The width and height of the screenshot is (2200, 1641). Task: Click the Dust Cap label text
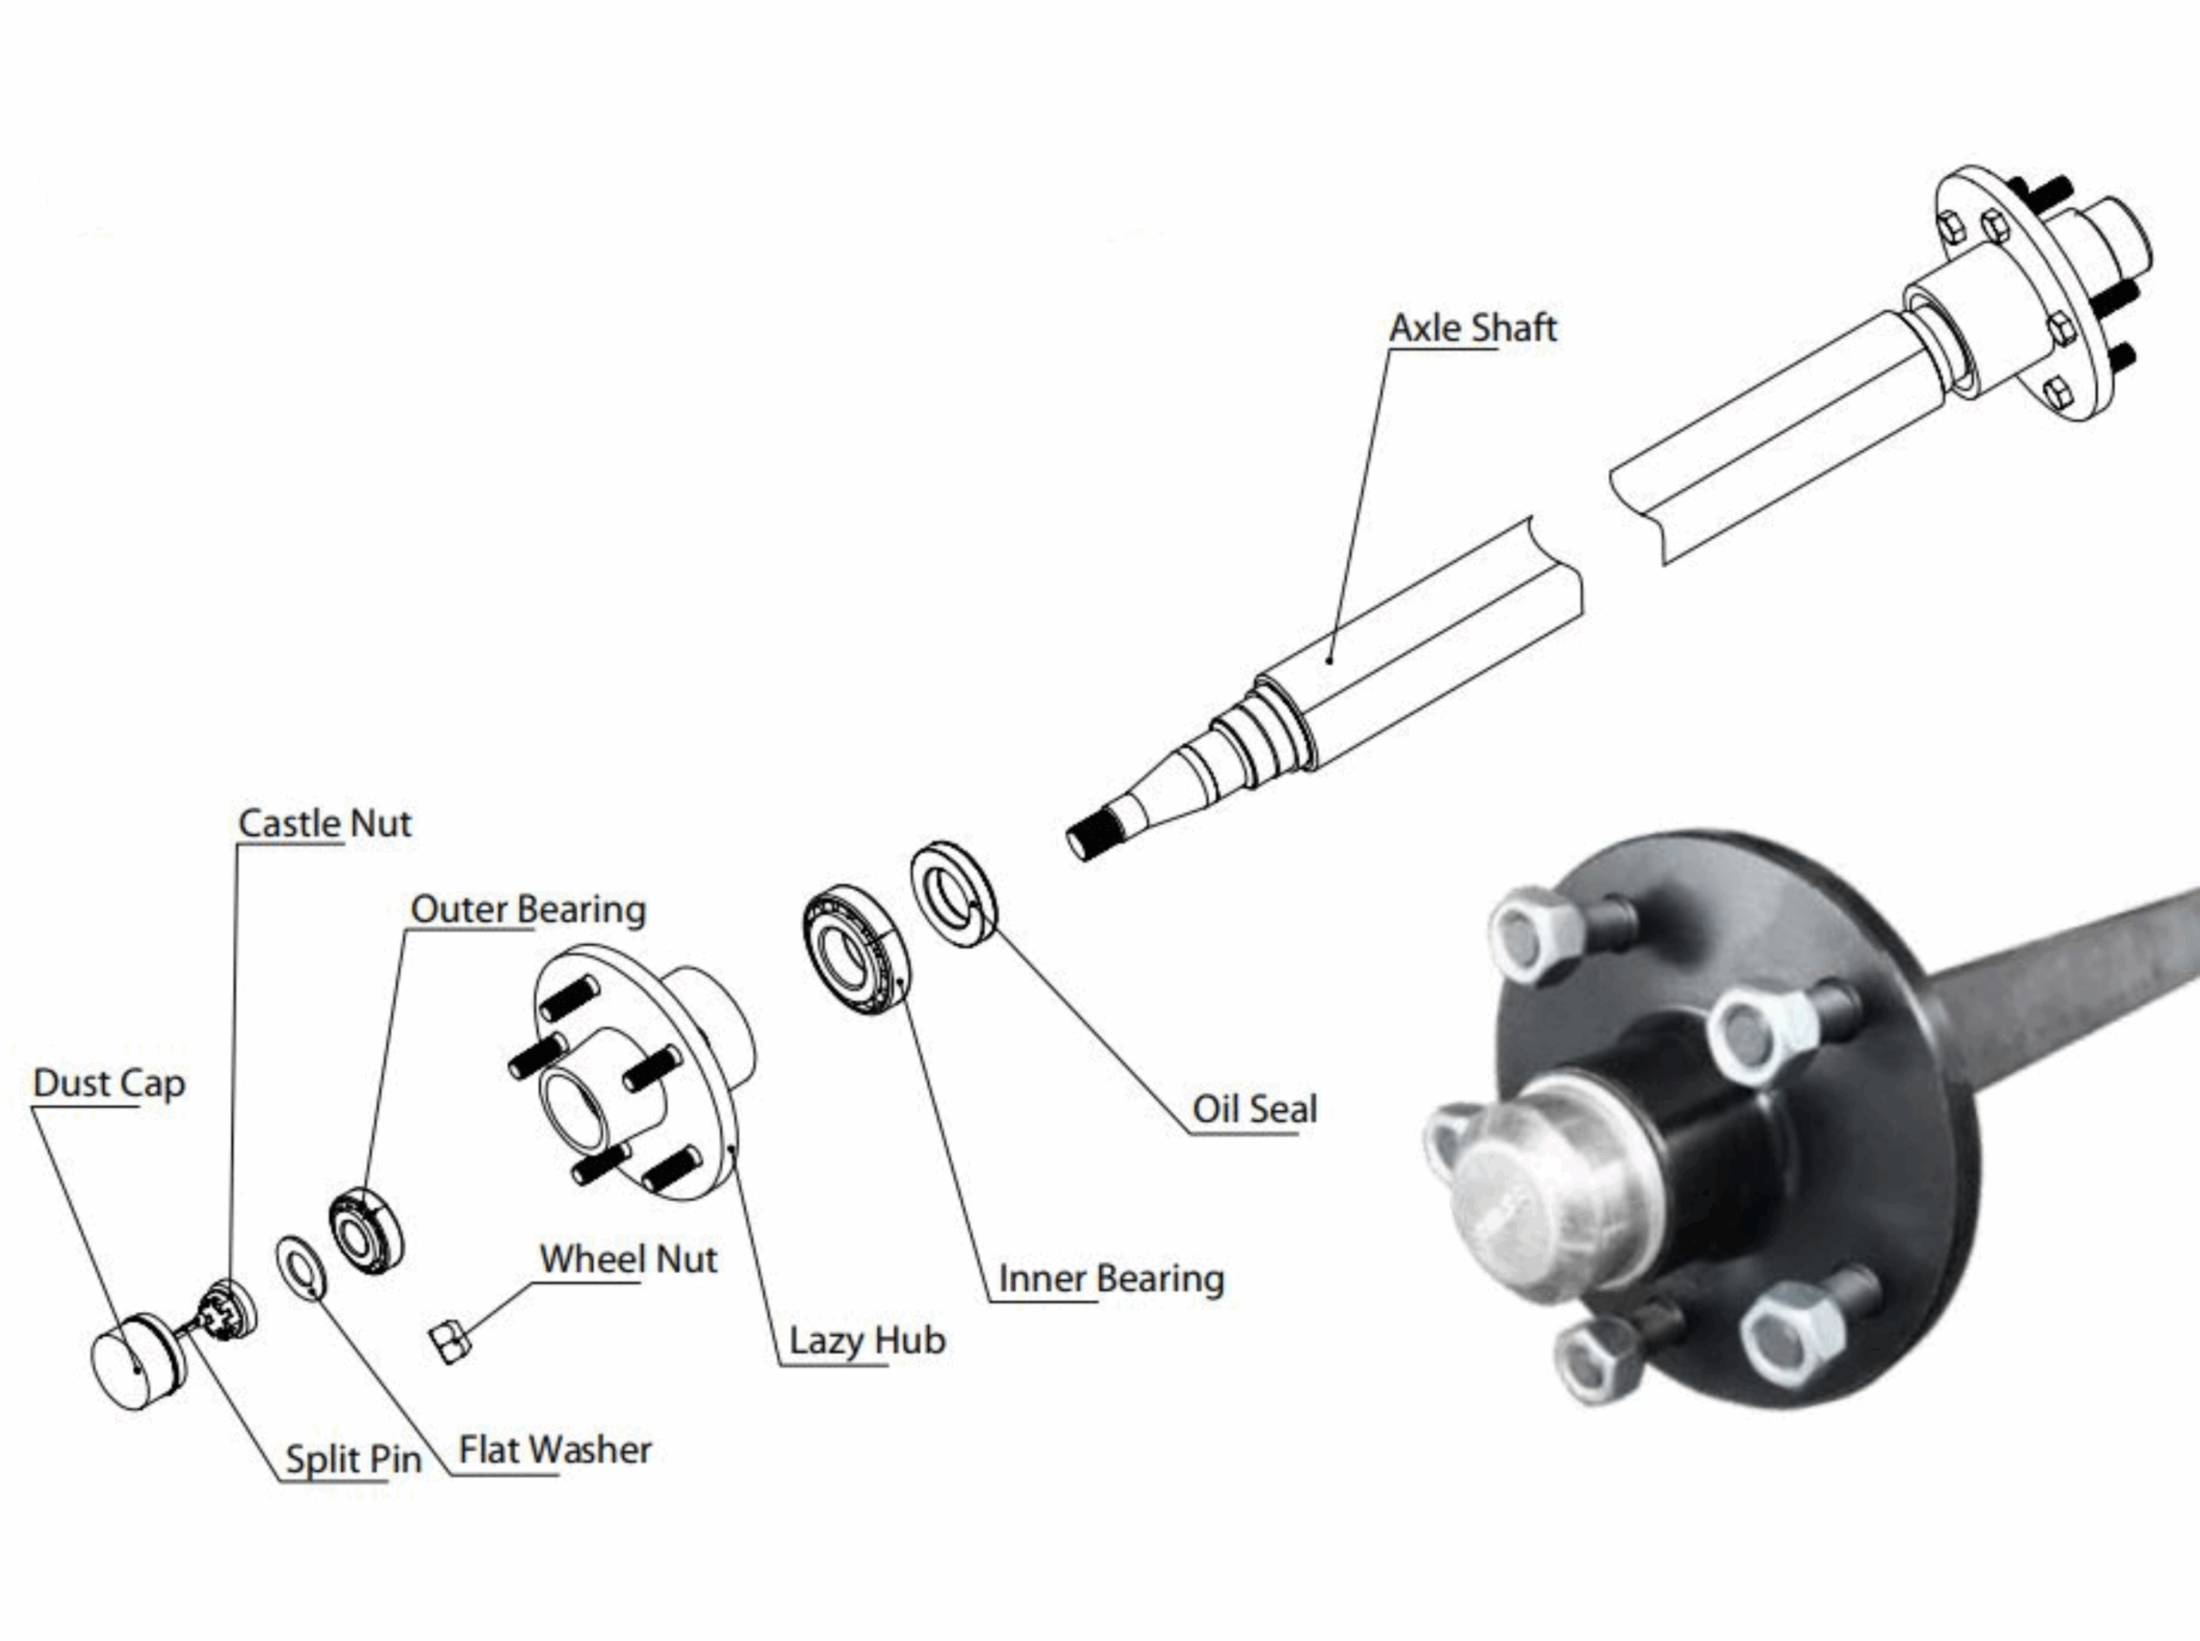(108, 1083)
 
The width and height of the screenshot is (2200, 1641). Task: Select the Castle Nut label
(324, 822)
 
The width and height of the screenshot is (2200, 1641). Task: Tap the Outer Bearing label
(528, 909)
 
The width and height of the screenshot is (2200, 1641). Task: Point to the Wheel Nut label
(627, 1259)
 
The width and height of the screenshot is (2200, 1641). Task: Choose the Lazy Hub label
(866, 1340)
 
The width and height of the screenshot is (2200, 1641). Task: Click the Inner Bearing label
(1110, 1278)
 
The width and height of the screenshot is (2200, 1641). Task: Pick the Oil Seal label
(1254, 1108)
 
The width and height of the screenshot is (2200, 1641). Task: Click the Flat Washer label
(554, 1449)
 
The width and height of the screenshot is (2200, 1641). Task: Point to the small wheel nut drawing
(449, 1342)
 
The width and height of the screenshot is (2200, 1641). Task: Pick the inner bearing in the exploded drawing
(851, 949)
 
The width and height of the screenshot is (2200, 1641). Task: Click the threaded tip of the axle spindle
(1093, 833)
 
